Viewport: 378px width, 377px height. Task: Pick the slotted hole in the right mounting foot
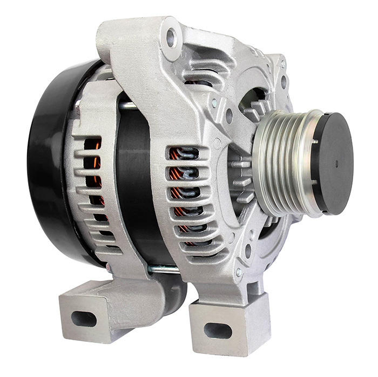[x=218, y=330]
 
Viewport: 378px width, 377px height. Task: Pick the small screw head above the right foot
[x=239, y=272]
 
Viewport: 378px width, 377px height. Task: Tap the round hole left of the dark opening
[x=230, y=115]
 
